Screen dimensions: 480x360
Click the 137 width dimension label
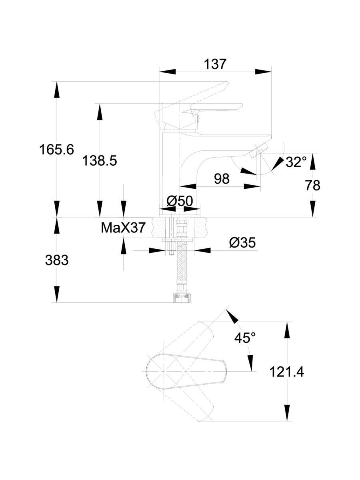pyautogui.click(x=215, y=64)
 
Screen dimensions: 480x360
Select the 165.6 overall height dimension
pyautogui.click(x=56, y=150)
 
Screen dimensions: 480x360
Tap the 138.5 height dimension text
pyautogui.click(x=99, y=161)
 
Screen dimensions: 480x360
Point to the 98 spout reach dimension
pyautogui.click(x=222, y=179)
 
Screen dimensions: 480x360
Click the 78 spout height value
pyautogui.click(x=312, y=185)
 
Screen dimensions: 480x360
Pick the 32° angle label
pyautogui.click(x=296, y=162)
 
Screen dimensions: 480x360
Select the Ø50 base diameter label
pyautogui.click(x=180, y=201)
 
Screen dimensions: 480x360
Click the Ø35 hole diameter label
pyautogui.click(x=242, y=243)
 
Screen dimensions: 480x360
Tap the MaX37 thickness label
pyautogui.click(x=123, y=228)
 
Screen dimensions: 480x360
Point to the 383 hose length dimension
pyautogui.click(x=56, y=260)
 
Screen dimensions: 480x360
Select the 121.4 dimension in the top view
pyautogui.click(x=286, y=372)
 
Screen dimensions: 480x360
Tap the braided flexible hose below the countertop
pyautogui.click(x=181, y=268)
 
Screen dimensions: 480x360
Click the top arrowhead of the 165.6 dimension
pyautogui.click(x=56, y=89)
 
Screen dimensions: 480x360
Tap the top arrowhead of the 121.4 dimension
pyautogui.click(x=286, y=330)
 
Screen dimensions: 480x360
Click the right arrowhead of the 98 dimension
pyautogui.click(x=252, y=186)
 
